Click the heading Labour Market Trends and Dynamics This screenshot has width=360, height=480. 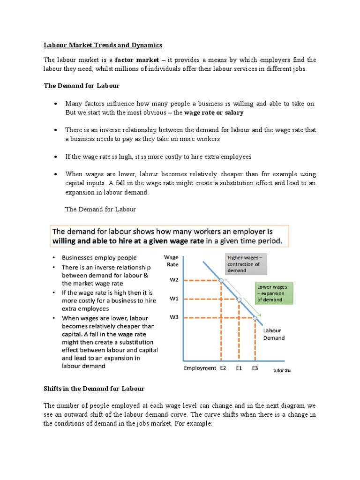tap(103, 45)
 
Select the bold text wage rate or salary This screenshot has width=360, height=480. tap(214, 113)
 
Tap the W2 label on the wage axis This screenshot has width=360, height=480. tap(174, 280)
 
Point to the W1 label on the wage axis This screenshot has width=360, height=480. tap(174, 299)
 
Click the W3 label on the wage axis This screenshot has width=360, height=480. tap(174, 317)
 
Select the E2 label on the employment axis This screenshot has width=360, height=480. tap(223, 368)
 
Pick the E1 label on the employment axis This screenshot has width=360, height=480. tap(239, 368)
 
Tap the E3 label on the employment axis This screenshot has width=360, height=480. tap(255, 368)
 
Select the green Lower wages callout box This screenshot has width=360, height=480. tap(274, 292)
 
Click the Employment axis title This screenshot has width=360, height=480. tap(200, 368)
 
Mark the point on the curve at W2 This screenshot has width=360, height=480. tap(221, 281)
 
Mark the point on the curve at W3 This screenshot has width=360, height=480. tap(255, 318)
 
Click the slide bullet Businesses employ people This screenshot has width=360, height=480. tap(99, 258)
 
